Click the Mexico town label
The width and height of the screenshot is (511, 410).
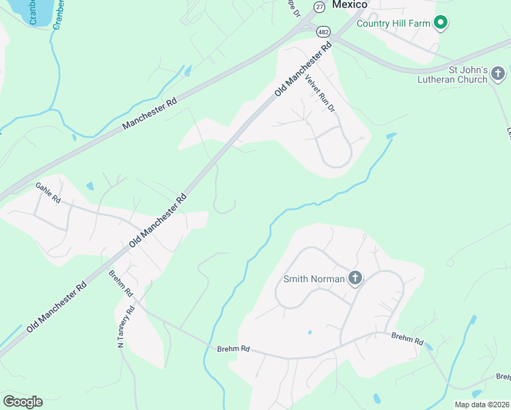pyautogui.click(x=349, y=5)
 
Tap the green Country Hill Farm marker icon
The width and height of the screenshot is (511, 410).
pyautogui.click(x=441, y=23)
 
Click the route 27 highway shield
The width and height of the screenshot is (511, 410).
pyautogui.click(x=319, y=5)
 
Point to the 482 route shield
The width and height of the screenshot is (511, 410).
pyautogui.click(x=323, y=31)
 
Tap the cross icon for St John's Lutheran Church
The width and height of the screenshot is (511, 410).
pyautogui.click(x=498, y=73)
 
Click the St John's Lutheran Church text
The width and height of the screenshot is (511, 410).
pyautogui.click(x=458, y=74)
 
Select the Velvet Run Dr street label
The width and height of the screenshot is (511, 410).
pyautogui.click(x=321, y=92)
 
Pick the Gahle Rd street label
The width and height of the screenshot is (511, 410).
pyautogui.click(x=48, y=193)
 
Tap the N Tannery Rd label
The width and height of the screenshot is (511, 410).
pyautogui.click(x=126, y=327)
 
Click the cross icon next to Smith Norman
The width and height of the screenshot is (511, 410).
pyautogui.click(x=355, y=277)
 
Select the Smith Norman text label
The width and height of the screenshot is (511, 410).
pyautogui.click(x=314, y=279)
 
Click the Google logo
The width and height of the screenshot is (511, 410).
pyautogui.click(x=23, y=401)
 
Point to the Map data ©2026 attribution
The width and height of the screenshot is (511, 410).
pyautogui.click(x=482, y=405)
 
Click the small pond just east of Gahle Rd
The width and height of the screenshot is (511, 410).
pyautogui.click(x=90, y=185)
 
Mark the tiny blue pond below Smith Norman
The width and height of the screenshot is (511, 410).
pyautogui.click(x=309, y=333)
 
